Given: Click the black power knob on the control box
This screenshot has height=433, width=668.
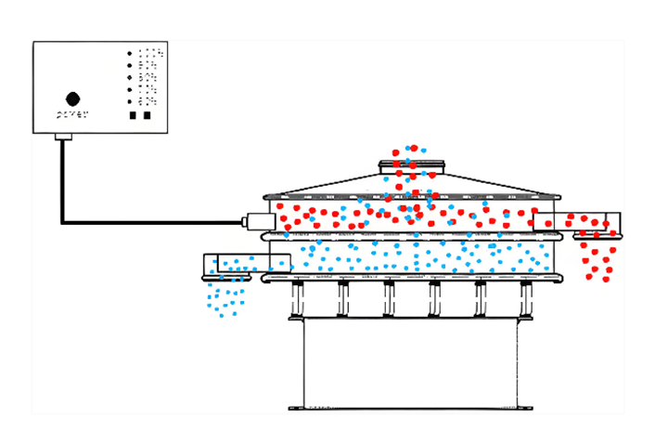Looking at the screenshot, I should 72,98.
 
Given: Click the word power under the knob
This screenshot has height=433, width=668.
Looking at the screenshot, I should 72,115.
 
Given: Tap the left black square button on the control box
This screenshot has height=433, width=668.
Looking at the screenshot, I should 133,116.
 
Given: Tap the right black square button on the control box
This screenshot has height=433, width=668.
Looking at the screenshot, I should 147,116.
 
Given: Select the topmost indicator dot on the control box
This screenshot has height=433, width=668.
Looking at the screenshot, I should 129,54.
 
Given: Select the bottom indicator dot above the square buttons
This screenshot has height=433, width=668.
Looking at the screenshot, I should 129,100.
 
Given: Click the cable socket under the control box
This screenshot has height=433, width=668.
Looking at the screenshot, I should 63,138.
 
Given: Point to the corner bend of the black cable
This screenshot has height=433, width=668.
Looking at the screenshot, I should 63,222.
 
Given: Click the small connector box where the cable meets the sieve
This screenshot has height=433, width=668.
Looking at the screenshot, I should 258,222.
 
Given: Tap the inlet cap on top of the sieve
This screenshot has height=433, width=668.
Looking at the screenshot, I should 411,167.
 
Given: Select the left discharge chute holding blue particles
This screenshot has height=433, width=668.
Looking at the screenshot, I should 246,265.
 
